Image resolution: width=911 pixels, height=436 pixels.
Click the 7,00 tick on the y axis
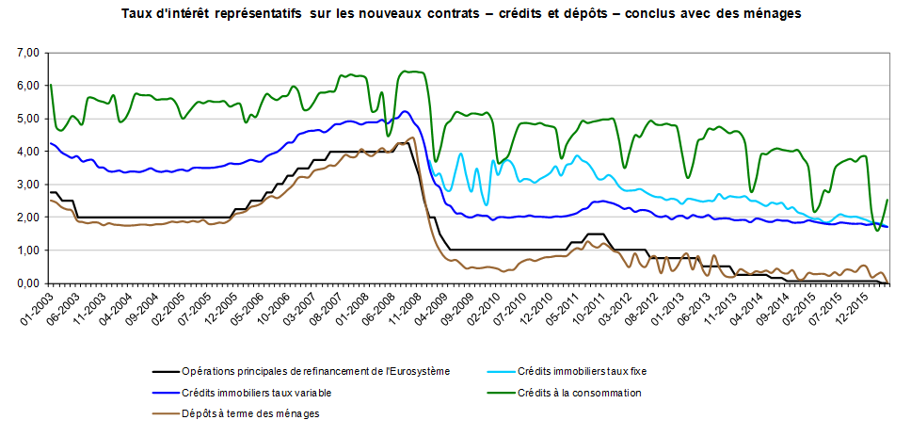point(27,53)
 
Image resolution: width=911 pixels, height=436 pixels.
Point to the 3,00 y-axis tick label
point(27,185)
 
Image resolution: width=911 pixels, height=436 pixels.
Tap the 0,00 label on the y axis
point(27,283)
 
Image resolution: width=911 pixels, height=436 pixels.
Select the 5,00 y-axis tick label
point(27,119)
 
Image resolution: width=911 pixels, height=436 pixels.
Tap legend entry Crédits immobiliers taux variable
point(256,392)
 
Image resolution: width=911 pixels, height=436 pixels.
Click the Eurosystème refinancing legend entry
point(315,370)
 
